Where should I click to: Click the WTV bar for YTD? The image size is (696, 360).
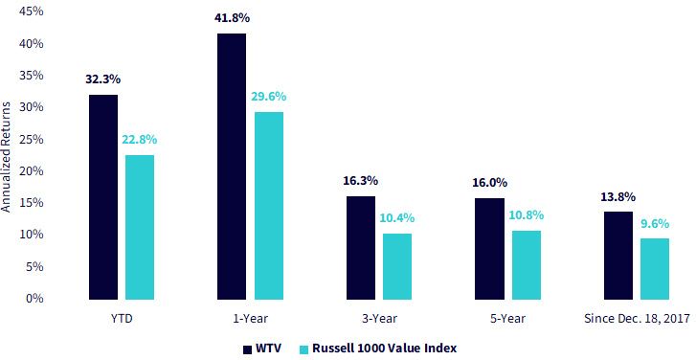click(x=103, y=197)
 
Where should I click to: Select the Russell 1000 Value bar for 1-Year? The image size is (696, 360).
click(x=269, y=206)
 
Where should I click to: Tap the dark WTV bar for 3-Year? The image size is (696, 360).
click(x=360, y=248)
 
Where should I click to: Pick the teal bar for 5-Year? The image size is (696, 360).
click(x=527, y=265)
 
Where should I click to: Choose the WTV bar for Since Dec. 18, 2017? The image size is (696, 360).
click(x=618, y=256)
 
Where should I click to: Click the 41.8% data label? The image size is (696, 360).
click(x=232, y=18)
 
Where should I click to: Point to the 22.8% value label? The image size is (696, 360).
click(x=140, y=140)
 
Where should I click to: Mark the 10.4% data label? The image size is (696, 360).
click(x=397, y=218)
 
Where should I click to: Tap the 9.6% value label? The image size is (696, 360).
click(x=654, y=224)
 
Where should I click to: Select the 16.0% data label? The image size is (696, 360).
click(x=489, y=183)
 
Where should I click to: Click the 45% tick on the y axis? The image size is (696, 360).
click(x=32, y=11)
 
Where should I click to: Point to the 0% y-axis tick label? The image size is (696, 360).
click(x=35, y=298)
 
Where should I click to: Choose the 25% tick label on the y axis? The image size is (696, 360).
click(x=32, y=139)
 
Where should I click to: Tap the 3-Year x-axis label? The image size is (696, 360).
click(x=378, y=319)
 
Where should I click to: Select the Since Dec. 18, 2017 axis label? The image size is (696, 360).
click(x=637, y=319)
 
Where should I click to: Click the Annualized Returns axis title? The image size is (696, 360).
click(x=6, y=154)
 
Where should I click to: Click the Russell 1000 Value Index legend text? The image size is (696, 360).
click(x=385, y=349)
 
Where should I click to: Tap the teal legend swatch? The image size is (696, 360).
click(x=304, y=349)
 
